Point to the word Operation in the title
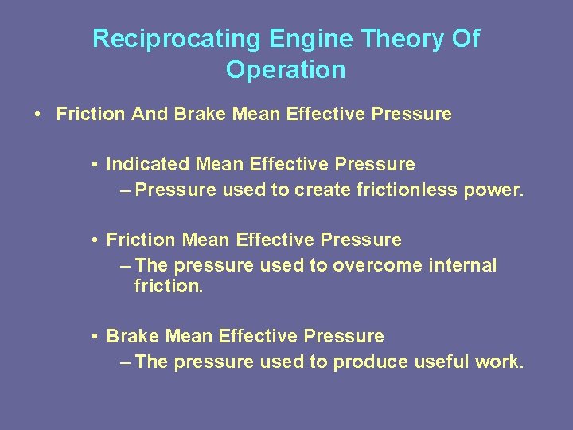tap(286, 70)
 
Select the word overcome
tap(368, 265)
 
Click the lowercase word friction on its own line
tap(169, 285)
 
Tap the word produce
tap(370, 362)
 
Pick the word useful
tap(441, 362)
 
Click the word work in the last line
tap(497, 362)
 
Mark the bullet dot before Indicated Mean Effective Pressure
tap(94, 166)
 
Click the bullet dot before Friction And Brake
tap(38, 115)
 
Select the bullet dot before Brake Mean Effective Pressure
tap(94, 337)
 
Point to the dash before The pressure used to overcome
tap(125, 266)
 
